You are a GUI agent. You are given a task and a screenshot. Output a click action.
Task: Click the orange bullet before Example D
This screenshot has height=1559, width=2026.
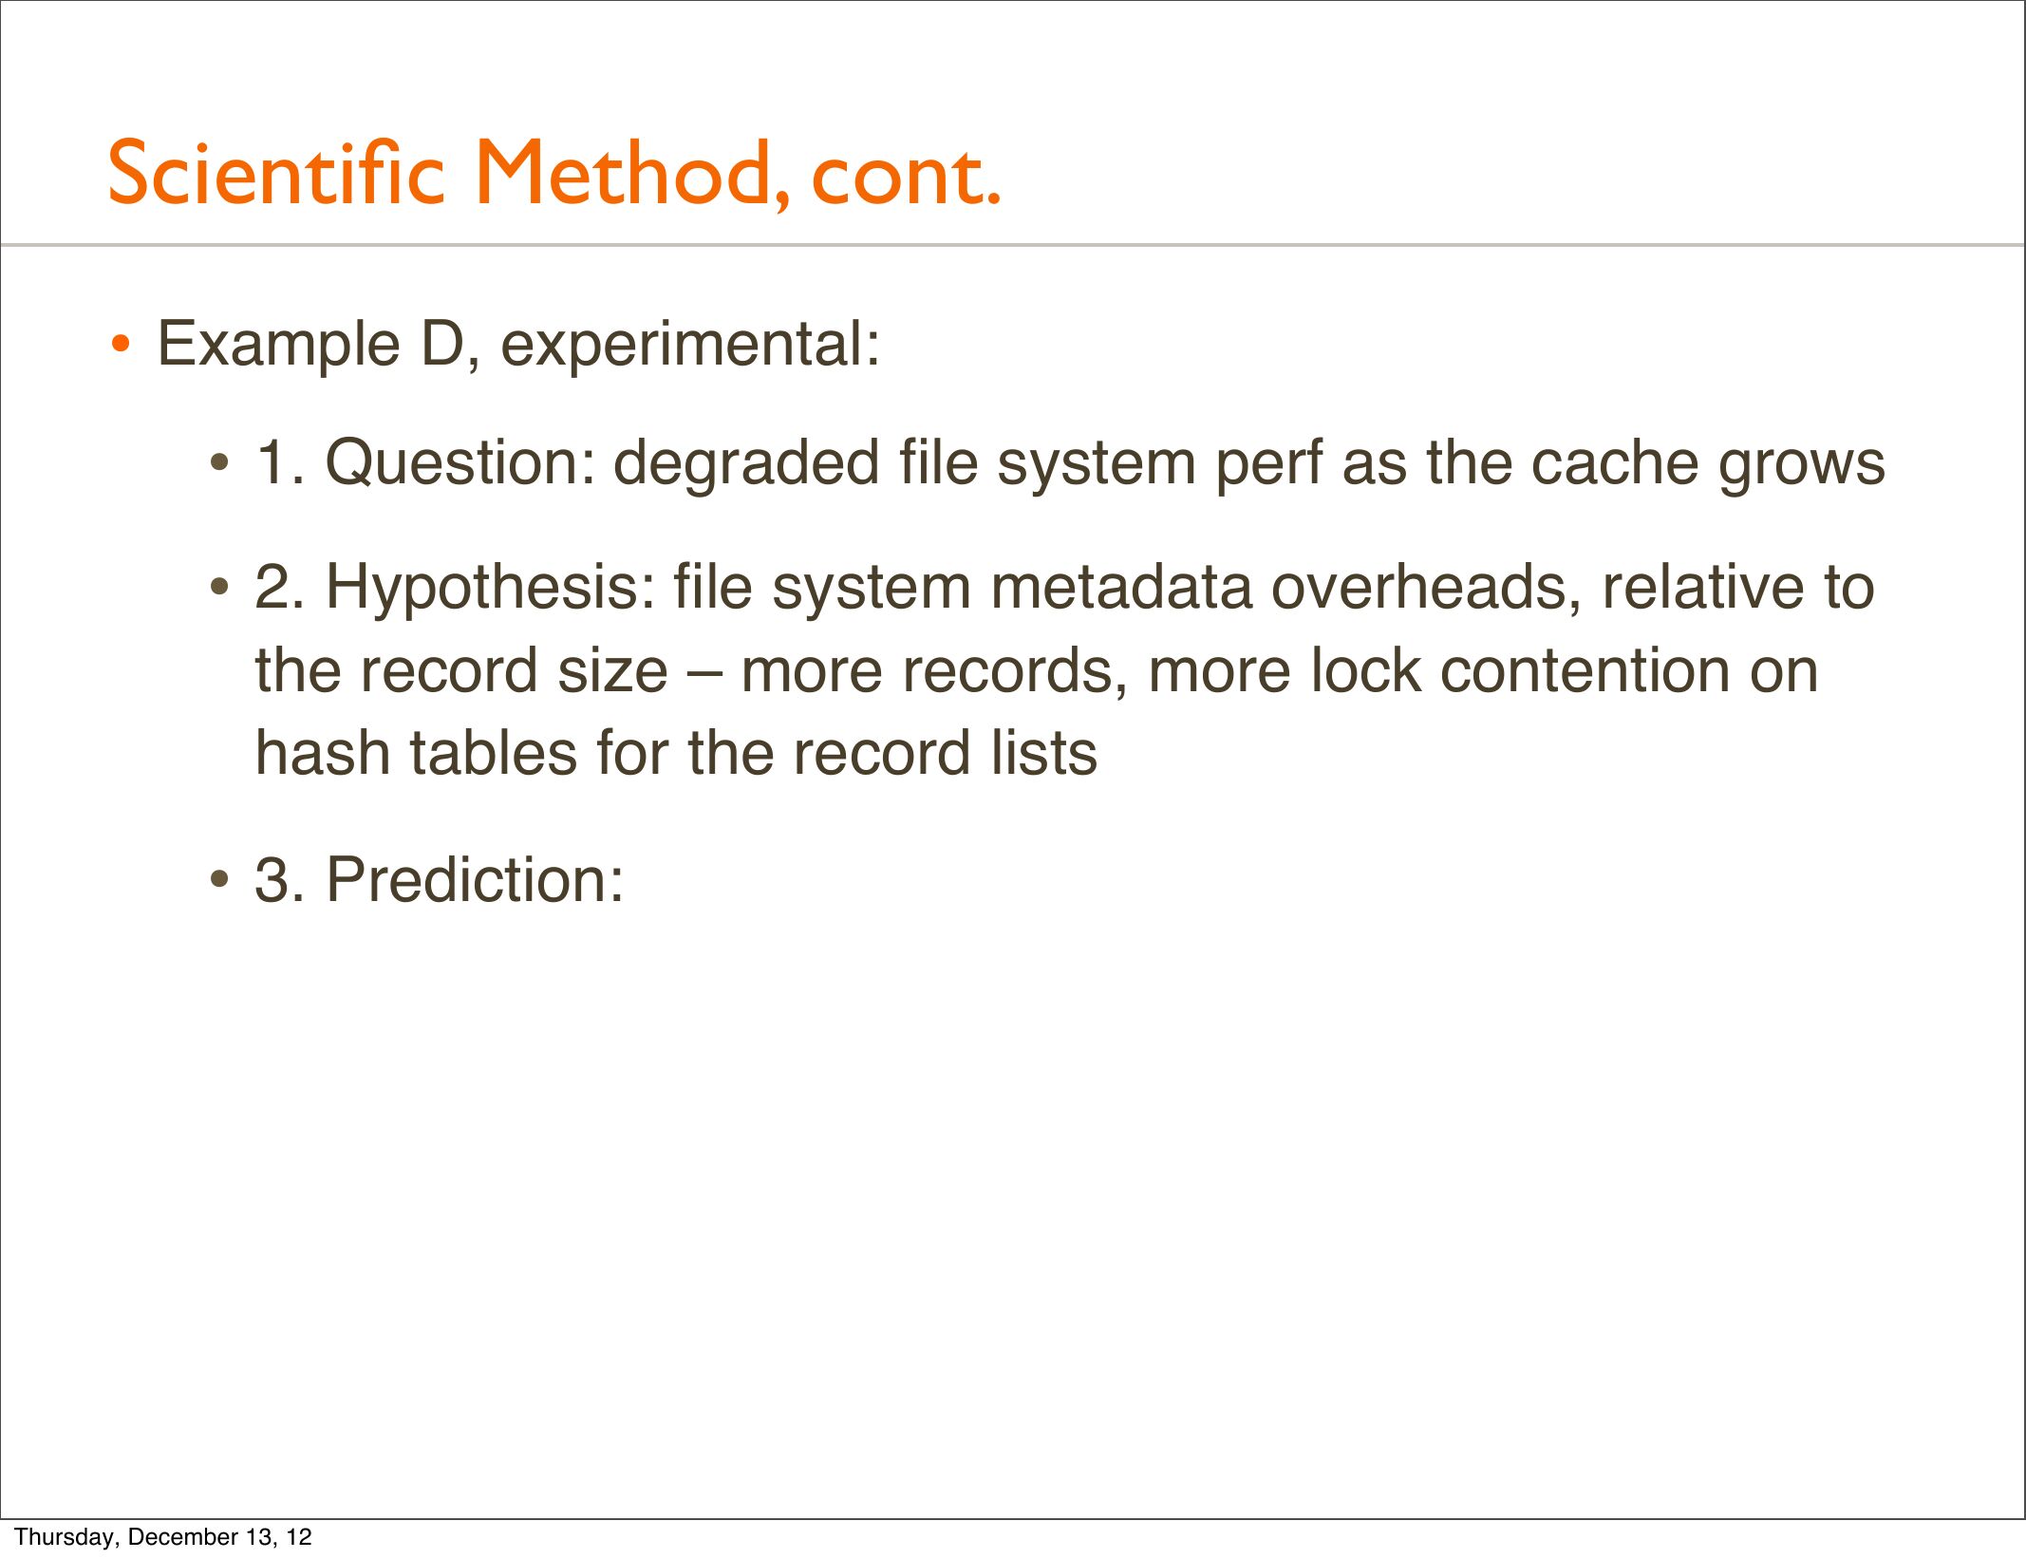point(120,345)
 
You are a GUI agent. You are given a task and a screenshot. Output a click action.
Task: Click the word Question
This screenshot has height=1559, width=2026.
point(460,463)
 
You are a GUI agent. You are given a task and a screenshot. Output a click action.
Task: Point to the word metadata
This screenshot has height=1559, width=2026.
point(1121,587)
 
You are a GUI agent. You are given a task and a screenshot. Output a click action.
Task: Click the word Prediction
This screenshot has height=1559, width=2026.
point(475,879)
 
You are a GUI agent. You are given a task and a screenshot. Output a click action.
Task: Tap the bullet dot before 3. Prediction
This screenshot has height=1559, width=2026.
point(220,881)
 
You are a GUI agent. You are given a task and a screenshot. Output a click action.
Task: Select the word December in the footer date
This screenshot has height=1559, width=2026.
point(184,1536)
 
